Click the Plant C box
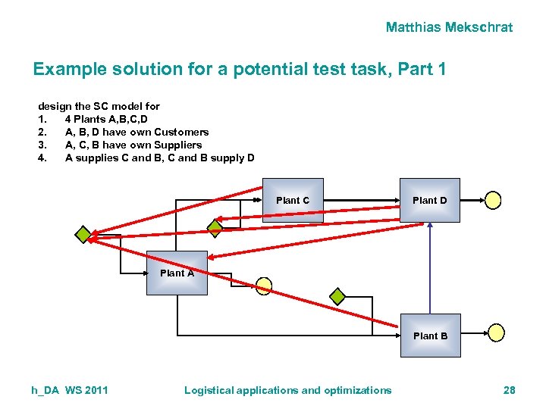pos(293,200)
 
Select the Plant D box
pos(429,200)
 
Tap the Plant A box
pos(177,273)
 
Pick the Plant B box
pos(430,336)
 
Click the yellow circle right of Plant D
pos(494,200)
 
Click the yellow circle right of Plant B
pos(495,333)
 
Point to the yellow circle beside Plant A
pos(263,286)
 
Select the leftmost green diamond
pos(83,234)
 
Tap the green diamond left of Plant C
pos(215,226)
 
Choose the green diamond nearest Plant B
pos(337,296)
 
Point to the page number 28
pos(509,390)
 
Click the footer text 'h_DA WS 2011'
pos(70,390)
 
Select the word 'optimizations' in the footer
pos(354,390)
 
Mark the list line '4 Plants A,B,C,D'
pos(106,119)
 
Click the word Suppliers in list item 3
pos(177,145)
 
